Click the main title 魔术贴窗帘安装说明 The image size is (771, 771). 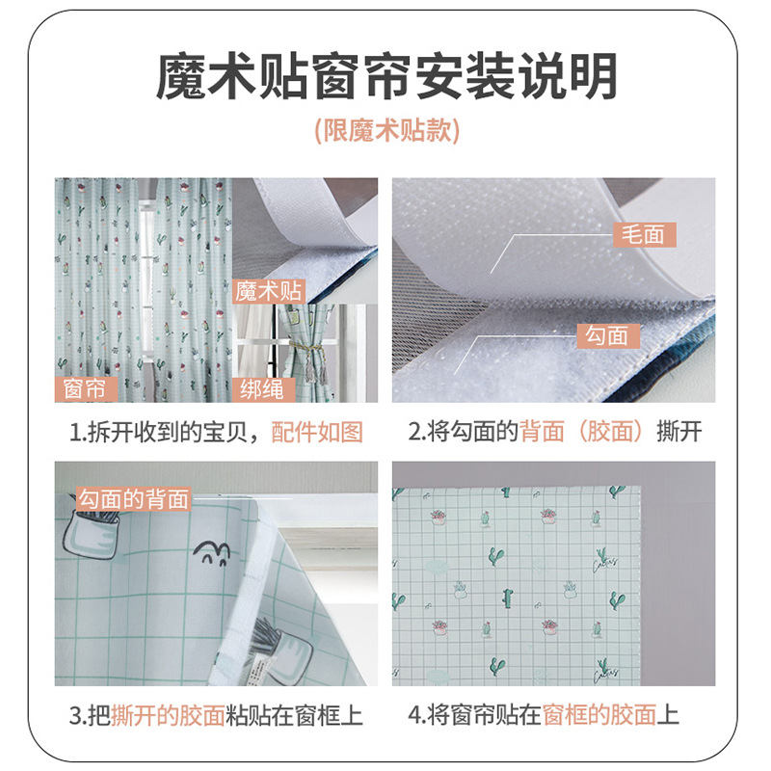[385, 77]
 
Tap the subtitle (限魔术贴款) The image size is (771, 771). [385, 131]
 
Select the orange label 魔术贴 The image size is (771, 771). [268, 291]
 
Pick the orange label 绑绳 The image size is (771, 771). [263, 388]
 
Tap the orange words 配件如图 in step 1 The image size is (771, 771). [317, 432]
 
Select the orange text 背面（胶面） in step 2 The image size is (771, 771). [581, 432]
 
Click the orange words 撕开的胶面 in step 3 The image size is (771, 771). [168, 714]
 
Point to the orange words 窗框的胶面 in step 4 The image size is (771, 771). [599, 714]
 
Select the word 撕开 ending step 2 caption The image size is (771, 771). [678, 432]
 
